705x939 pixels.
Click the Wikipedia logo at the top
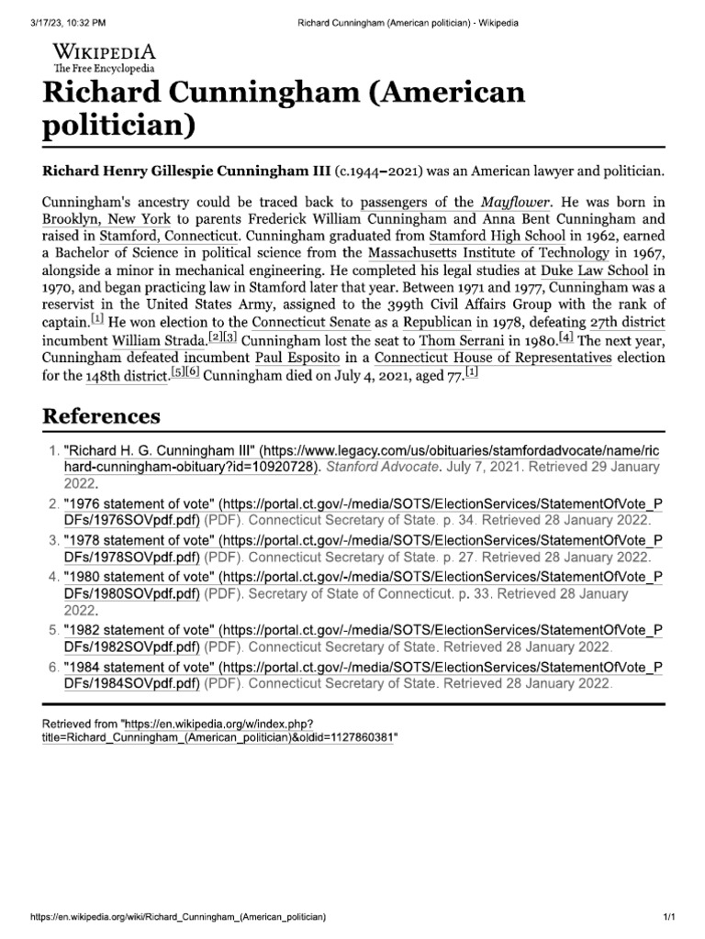tap(104, 56)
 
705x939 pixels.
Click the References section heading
tap(101, 415)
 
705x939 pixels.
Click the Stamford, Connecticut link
tap(164, 238)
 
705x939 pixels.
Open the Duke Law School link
tap(594, 272)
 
